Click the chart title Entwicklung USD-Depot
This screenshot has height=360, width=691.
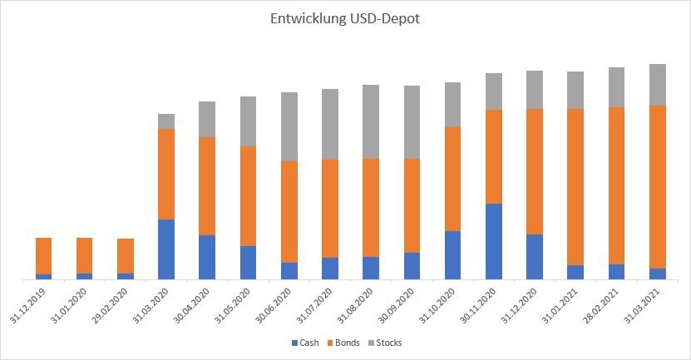(x=345, y=19)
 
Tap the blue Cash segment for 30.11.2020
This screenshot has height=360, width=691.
(x=493, y=241)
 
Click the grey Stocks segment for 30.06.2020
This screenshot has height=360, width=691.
(x=289, y=126)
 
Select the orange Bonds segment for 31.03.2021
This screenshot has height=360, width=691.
(x=657, y=187)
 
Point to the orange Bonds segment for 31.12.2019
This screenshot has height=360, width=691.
(x=44, y=256)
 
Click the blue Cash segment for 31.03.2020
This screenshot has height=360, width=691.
(x=166, y=249)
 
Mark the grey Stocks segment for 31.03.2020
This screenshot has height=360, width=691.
(x=166, y=121)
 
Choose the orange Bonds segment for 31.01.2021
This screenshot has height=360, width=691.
(x=575, y=187)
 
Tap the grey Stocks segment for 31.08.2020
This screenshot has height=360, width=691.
(x=371, y=121)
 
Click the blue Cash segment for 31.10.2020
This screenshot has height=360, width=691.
(x=452, y=255)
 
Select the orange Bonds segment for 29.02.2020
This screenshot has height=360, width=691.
(x=126, y=256)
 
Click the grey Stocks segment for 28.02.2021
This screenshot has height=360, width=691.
(x=616, y=87)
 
